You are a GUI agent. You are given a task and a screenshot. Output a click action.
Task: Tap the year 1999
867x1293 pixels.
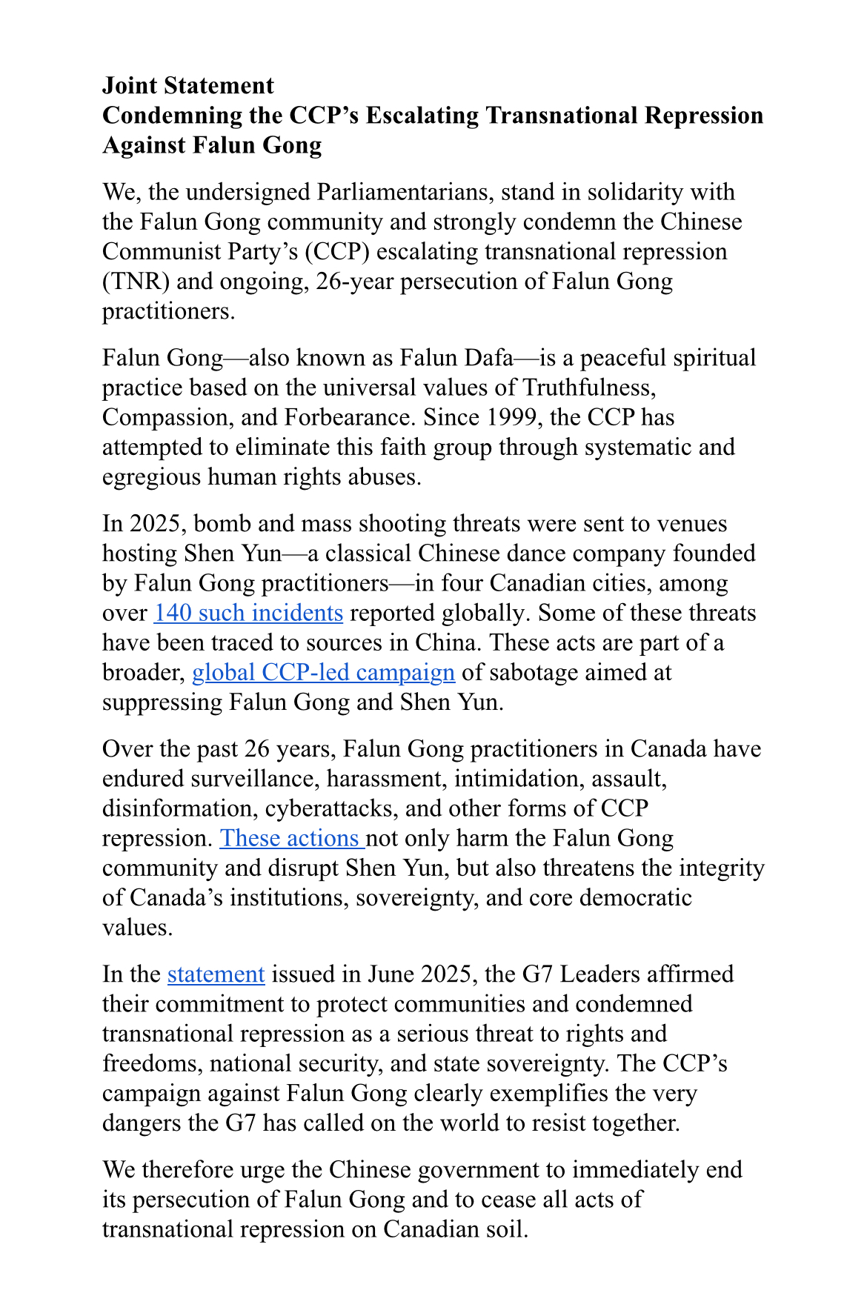click(511, 417)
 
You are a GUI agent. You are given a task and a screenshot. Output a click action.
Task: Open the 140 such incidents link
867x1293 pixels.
click(248, 613)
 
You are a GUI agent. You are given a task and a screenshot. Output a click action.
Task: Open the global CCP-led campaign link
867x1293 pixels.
click(323, 672)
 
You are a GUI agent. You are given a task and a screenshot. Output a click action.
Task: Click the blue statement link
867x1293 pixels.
click(216, 974)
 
